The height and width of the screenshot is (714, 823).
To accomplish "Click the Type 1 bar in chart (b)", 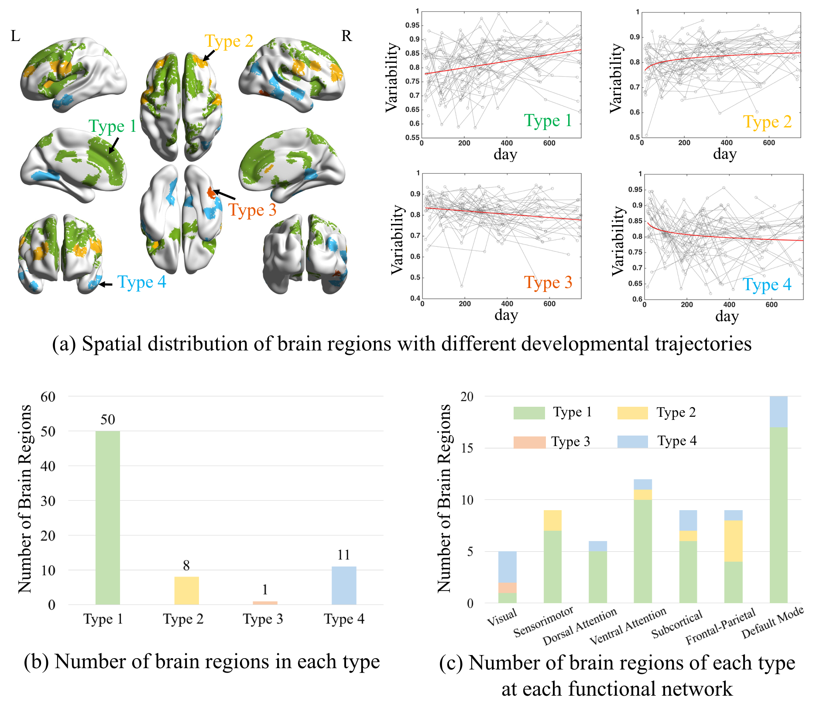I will click(107, 518).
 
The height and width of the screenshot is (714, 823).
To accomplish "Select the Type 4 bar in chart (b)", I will click(344, 585).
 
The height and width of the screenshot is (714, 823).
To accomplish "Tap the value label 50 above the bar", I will click(108, 419).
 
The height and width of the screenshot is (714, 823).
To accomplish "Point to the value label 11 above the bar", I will click(344, 555).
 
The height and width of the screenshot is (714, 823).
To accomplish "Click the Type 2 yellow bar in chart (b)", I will click(186, 590).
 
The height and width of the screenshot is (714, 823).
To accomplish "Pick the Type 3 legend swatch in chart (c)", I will click(529, 442).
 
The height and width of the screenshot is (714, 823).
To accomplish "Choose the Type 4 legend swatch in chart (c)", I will click(632, 441).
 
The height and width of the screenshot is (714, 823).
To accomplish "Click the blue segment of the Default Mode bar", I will click(778, 412).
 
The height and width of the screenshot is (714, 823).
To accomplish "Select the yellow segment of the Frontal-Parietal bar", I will click(733, 541).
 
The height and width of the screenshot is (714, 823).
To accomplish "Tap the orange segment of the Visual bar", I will click(507, 587).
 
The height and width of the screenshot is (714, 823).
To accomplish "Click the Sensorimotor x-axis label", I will click(543, 622).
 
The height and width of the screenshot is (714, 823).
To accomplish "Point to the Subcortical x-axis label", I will click(677, 624).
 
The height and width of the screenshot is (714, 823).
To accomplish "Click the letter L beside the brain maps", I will click(15, 36).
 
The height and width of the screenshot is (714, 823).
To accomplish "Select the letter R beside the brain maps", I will click(346, 36).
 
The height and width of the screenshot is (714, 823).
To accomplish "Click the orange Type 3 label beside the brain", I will click(253, 210).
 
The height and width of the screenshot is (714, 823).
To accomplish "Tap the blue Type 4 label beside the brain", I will click(142, 282).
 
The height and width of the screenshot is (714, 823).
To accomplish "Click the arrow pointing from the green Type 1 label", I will click(113, 146).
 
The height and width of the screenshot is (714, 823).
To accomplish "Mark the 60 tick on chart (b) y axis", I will click(48, 396).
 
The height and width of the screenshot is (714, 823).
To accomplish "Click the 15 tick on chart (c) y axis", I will click(467, 448).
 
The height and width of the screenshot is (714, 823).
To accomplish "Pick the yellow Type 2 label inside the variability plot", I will click(767, 122).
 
